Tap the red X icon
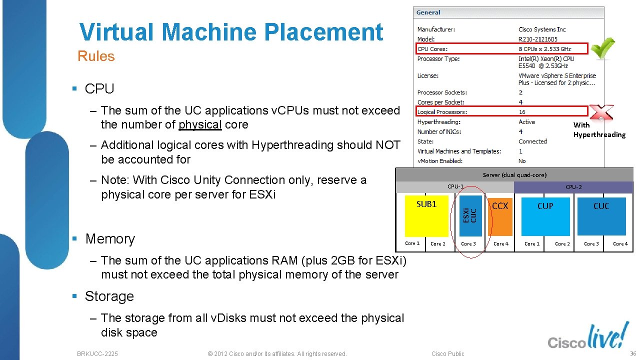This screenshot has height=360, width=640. (601, 112)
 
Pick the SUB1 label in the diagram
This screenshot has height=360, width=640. (426, 204)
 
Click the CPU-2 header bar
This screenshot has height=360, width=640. (573, 187)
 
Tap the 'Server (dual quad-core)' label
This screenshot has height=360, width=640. (514, 175)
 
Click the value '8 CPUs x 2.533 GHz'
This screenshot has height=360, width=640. (544, 49)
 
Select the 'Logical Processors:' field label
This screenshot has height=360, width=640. (442, 112)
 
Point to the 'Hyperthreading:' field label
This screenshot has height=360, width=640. (439, 122)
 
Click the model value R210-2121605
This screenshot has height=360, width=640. (538, 39)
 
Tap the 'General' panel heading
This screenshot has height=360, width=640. (428, 12)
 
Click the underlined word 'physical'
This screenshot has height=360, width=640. (200, 124)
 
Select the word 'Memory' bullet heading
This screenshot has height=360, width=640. (110, 239)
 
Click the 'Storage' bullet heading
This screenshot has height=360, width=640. (109, 296)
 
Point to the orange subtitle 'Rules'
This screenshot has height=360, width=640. (96, 56)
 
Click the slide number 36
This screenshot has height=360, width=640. (632, 353)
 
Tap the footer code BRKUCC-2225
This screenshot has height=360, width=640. (97, 353)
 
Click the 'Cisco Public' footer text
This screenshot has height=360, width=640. (448, 353)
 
